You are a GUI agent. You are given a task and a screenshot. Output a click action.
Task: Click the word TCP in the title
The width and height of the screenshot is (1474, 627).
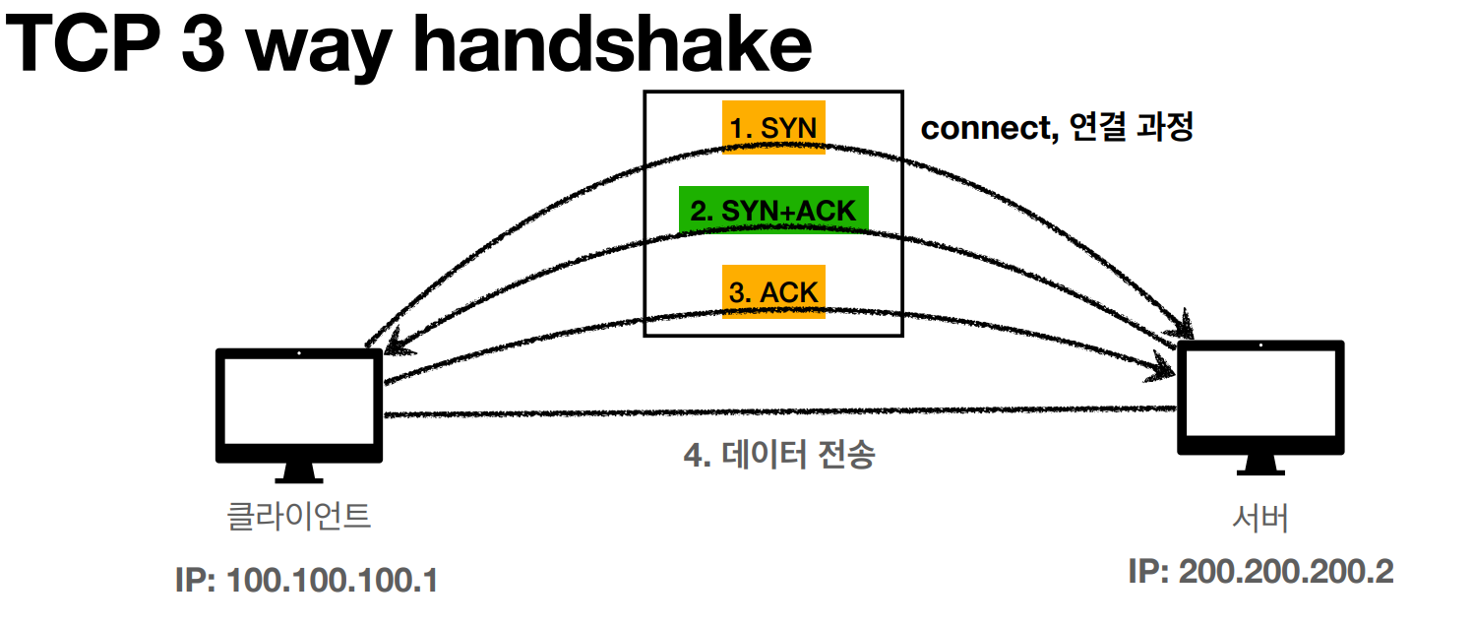coord(83,43)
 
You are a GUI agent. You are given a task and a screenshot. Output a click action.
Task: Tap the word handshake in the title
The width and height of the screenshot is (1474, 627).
coord(612,43)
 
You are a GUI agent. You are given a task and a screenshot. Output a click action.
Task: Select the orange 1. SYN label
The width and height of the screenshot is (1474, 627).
coord(773,128)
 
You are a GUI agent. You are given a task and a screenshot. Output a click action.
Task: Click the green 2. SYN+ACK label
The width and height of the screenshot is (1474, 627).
coord(773,211)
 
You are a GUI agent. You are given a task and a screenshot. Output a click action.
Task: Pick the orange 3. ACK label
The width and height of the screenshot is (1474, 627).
coord(773,292)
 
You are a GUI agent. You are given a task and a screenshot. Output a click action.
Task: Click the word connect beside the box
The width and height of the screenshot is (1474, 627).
coord(989,128)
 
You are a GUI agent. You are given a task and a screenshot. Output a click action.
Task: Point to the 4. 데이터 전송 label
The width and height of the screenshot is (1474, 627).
coord(779,455)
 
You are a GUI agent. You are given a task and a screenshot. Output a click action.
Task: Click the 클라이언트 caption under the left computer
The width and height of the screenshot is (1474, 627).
coord(299,516)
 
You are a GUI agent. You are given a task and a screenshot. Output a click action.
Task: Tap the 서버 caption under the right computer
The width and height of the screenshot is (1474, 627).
coord(1260,518)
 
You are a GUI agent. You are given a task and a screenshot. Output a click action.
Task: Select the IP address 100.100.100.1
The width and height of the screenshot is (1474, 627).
coord(333,581)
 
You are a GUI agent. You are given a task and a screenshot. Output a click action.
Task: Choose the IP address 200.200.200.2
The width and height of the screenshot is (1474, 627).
coord(1286,572)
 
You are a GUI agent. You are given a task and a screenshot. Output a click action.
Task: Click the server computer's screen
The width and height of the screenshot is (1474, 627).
coord(1260,393)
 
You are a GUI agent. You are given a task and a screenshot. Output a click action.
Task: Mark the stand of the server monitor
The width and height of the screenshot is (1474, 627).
coord(1260,465)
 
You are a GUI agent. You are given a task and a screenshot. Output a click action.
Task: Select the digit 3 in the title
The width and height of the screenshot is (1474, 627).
coord(203,43)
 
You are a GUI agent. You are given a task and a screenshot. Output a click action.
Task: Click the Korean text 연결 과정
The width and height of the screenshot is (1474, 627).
coord(1132,127)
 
